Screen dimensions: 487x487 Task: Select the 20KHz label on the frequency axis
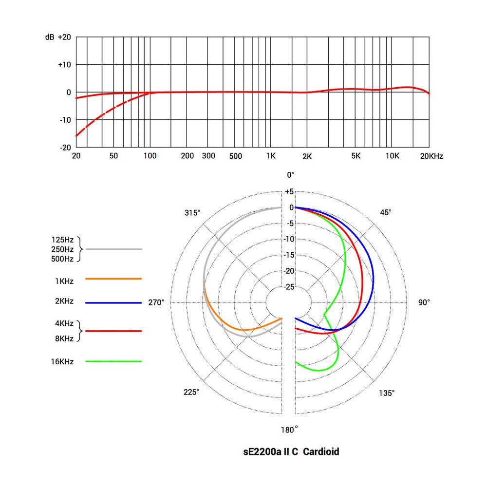[432, 156]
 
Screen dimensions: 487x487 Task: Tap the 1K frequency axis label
[271, 156]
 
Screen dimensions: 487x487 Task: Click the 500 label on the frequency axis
[236, 156]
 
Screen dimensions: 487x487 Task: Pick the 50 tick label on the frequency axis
[113, 156]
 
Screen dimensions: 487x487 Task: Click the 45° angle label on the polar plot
[386, 212]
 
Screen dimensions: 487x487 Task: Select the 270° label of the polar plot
[156, 302]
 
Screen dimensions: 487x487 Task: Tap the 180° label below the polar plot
[289, 430]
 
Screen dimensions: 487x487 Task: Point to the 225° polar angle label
[191, 393]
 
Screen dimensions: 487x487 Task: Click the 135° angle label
[387, 393]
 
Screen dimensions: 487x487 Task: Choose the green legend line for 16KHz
[113, 361]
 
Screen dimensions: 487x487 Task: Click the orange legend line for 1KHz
[113, 279]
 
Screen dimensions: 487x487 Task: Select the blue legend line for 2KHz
[113, 303]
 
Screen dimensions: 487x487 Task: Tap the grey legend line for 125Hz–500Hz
[113, 249]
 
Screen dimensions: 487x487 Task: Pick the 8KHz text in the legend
[64, 338]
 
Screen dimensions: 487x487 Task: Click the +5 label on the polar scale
[289, 192]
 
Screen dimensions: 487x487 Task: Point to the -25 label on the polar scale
[289, 287]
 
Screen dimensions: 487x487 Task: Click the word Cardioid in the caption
[321, 452]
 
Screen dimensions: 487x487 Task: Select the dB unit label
[49, 37]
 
